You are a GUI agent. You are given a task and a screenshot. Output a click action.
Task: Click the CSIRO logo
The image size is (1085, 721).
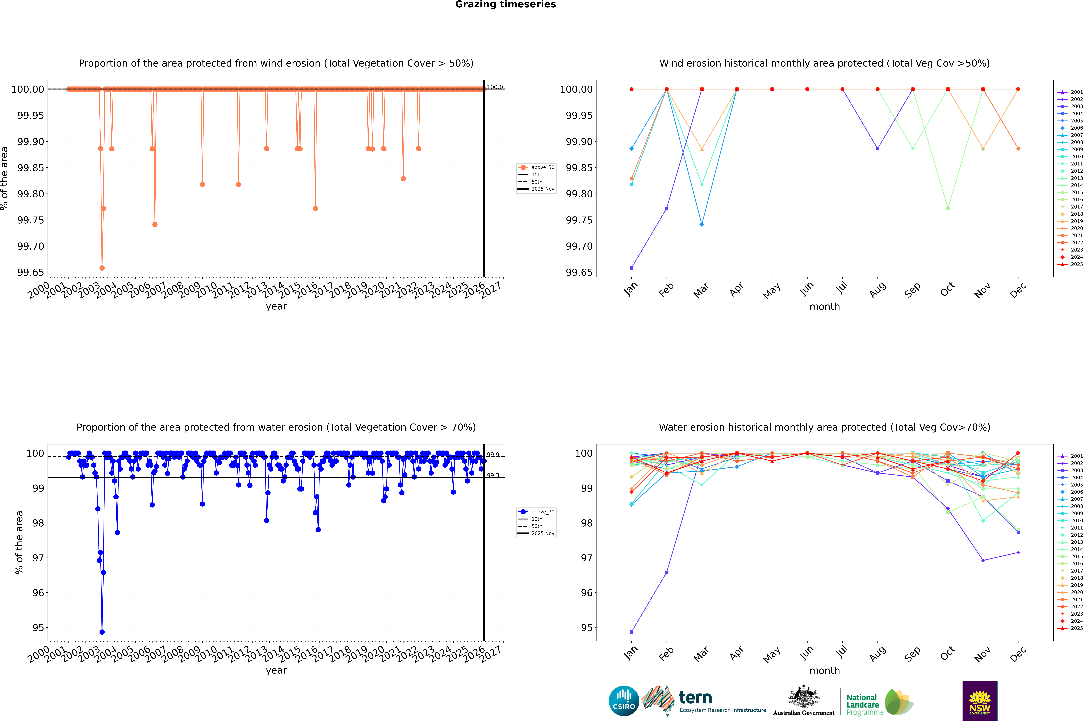tap(624, 701)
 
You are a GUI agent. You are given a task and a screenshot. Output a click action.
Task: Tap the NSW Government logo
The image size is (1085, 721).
tap(980, 701)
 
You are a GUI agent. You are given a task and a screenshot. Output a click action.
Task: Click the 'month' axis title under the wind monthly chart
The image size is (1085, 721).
tap(824, 307)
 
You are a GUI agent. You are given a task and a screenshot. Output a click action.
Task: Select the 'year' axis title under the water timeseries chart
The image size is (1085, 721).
tap(276, 670)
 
